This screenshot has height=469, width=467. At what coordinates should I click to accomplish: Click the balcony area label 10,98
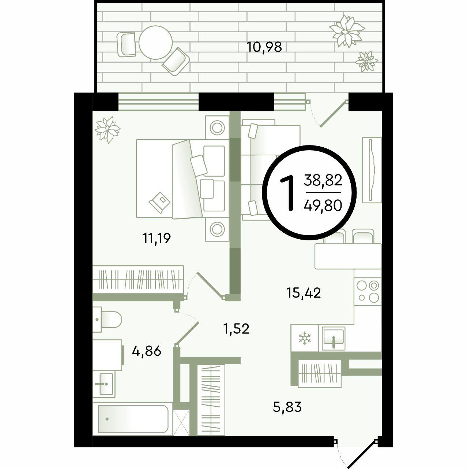pyautogui.click(x=264, y=47)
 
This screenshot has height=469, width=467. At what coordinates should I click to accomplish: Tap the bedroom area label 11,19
pyautogui.click(x=157, y=238)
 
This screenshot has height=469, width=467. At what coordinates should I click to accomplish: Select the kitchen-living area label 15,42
pyautogui.click(x=304, y=293)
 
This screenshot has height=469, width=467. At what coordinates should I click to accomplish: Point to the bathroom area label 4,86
pyautogui.click(x=147, y=351)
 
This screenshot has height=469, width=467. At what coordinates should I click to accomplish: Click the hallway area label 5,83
pyautogui.click(x=287, y=407)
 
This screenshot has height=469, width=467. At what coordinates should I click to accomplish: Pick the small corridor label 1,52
pyautogui.click(x=236, y=329)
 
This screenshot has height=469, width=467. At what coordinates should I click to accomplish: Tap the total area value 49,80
pyautogui.click(x=323, y=206)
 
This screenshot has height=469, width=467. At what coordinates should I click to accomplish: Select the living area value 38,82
pyautogui.click(x=323, y=180)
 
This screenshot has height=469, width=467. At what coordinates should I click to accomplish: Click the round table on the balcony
pyautogui.click(x=156, y=43)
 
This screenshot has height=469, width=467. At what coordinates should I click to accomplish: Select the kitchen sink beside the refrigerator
pyautogui.click(x=334, y=339)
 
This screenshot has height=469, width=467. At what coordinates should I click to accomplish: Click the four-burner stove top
pyautogui.click(x=368, y=291)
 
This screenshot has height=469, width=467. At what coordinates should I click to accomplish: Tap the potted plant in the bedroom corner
pyautogui.click(x=108, y=129)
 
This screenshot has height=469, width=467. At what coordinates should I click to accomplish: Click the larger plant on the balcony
pyautogui.click(x=347, y=31)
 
